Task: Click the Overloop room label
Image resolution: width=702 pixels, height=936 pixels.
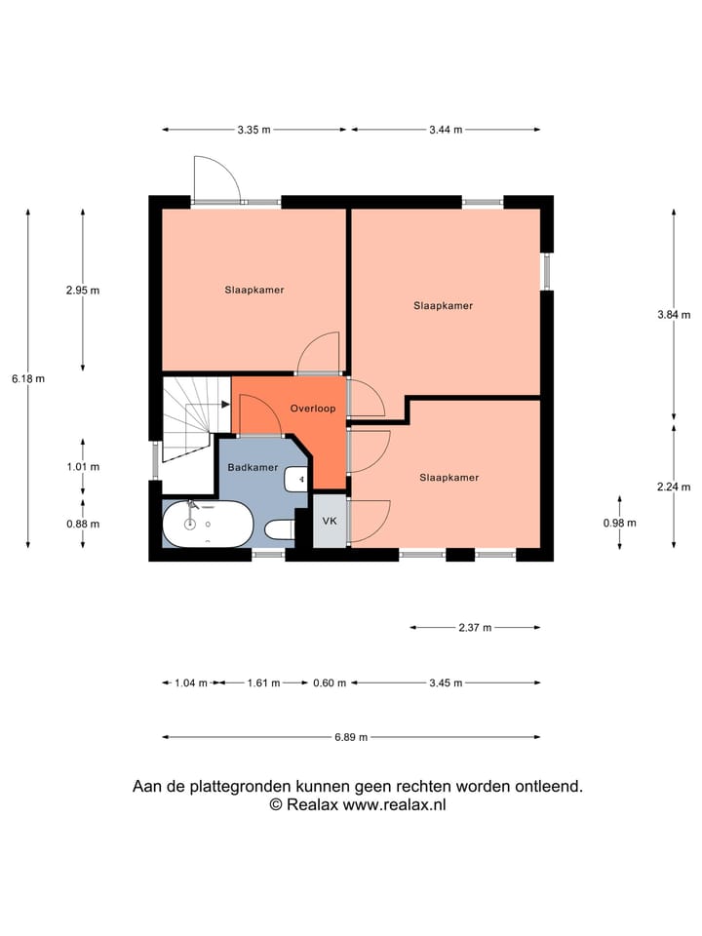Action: [313, 409]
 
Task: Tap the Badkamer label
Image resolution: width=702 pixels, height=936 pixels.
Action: [253, 468]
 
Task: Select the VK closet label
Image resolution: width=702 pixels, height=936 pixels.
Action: [330, 521]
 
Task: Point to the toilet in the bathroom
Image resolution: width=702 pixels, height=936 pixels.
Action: [281, 530]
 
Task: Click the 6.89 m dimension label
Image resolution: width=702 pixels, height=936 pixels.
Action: [351, 737]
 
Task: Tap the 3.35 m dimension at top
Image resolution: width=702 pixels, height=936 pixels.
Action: [253, 130]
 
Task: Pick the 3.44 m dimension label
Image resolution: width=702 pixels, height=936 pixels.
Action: [445, 130]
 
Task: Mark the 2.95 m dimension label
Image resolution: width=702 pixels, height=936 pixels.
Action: [83, 290]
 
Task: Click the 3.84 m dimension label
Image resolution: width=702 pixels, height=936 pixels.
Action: [674, 314]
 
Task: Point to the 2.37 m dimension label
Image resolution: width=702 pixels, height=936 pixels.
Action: [475, 628]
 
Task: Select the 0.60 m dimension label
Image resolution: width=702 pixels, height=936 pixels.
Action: [330, 683]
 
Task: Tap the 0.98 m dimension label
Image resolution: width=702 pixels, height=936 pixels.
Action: [620, 523]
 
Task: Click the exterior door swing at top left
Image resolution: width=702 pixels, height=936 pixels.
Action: [215, 179]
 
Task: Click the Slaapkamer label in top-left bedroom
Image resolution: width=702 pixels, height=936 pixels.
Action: [254, 290]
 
